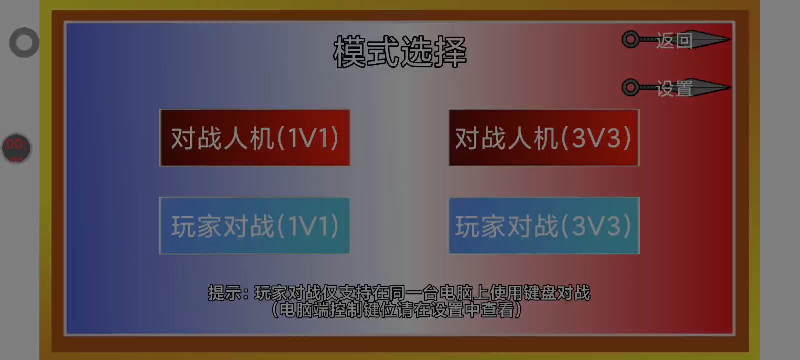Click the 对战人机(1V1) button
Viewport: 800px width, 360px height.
click(x=255, y=138)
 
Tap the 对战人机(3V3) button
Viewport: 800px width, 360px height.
click(x=544, y=138)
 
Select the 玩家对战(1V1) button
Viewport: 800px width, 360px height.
click(x=255, y=225)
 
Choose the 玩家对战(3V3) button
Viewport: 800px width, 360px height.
click(x=544, y=225)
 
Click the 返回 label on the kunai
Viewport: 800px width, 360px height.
click(x=674, y=40)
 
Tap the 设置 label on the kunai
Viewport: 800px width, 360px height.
click(x=674, y=88)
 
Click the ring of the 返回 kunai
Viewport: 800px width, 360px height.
click(x=631, y=39)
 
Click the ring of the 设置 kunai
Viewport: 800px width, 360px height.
click(x=631, y=87)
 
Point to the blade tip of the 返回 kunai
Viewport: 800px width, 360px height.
click(x=730, y=39)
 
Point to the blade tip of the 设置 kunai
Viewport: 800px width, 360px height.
click(x=730, y=87)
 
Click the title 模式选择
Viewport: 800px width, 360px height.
click(x=400, y=52)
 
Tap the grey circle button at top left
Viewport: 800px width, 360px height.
click(x=24, y=43)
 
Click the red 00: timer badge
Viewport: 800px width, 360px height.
click(x=17, y=148)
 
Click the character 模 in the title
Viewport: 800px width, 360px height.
click(x=349, y=52)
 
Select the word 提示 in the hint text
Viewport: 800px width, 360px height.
click(x=224, y=293)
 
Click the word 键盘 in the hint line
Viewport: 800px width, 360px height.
click(x=540, y=293)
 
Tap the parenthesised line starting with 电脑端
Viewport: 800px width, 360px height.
click(x=397, y=310)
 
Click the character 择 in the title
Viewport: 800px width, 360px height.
click(x=450, y=52)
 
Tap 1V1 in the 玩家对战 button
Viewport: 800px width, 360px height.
click(x=308, y=226)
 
